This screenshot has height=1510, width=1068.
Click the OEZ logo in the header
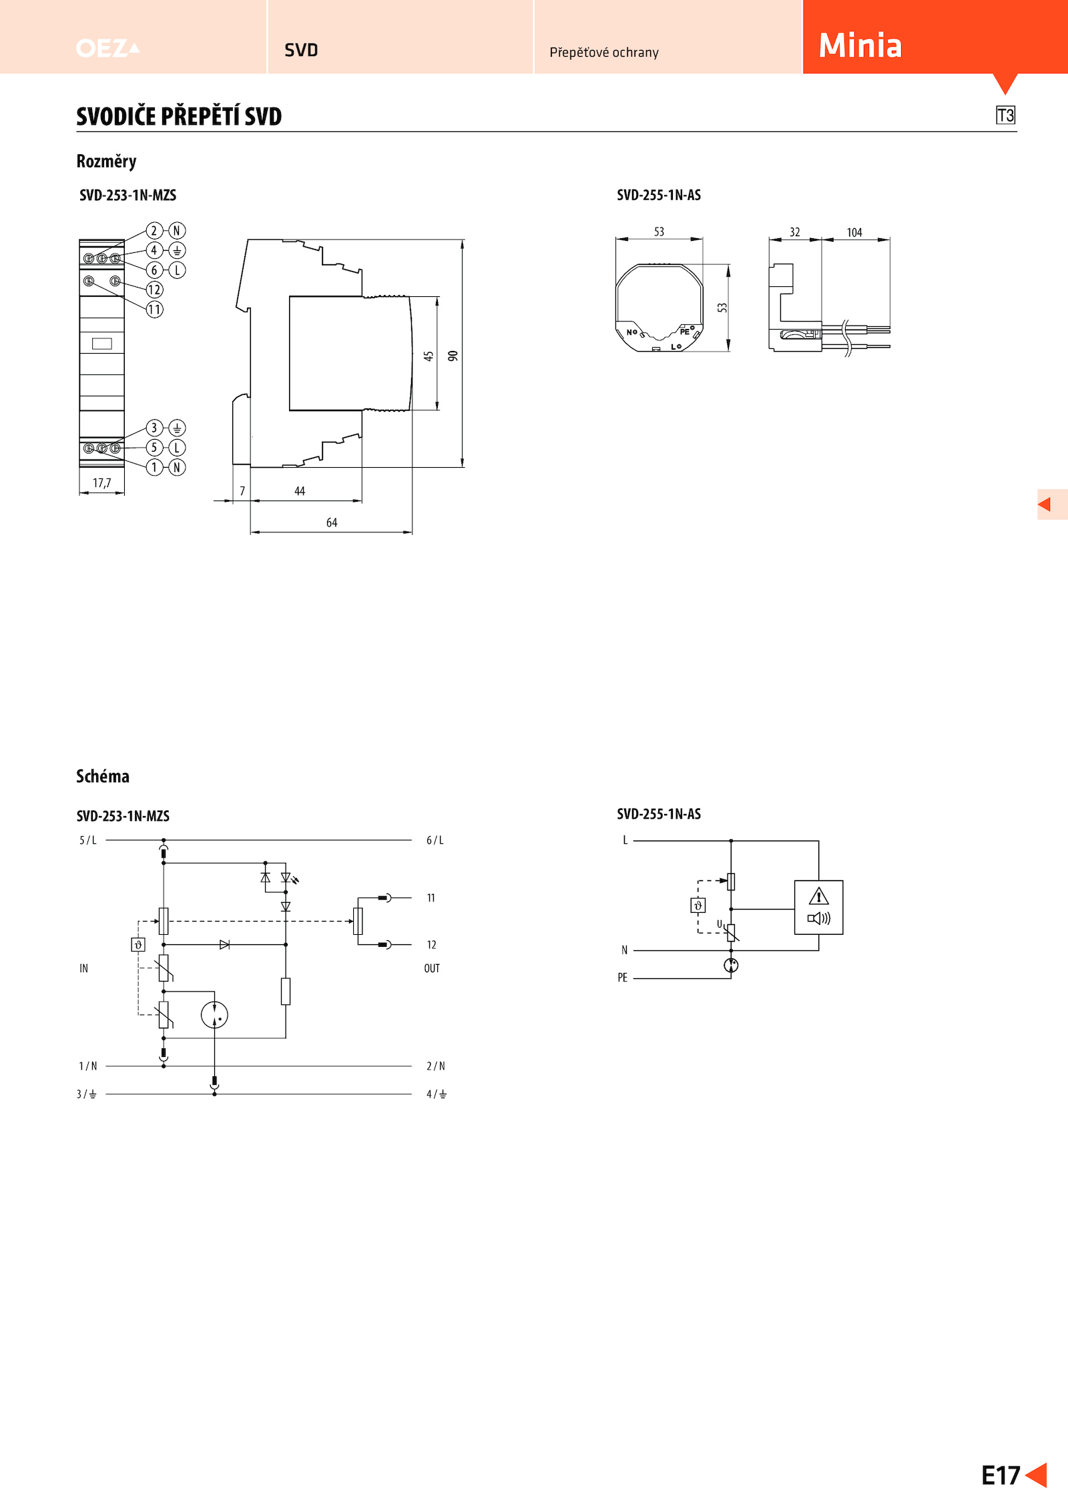tap(107, 48)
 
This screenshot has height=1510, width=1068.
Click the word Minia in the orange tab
tap(860, 45)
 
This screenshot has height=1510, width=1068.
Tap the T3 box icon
tap(1005, 115)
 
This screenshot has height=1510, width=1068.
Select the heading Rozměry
tap(106, 161)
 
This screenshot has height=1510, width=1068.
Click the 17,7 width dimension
tap(102, 482)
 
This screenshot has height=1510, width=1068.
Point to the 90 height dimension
tap(453, 356)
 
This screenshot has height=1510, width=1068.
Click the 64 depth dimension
tap(332, 522)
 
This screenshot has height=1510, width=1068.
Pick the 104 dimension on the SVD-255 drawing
tap(854, 232)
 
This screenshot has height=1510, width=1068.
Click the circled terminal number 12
tap(154, 290)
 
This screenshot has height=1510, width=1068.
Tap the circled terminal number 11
tap(154, 310)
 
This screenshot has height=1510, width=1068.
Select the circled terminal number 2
tap(154, 231)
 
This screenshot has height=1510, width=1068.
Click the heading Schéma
tap(103, 776)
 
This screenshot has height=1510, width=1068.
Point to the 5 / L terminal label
tap(88, 840)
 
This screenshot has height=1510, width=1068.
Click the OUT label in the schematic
tap(432, 968)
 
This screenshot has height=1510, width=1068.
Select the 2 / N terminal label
tap(436, 1066)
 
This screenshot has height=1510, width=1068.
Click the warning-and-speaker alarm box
tap(818, 907)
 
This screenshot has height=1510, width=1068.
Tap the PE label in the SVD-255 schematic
tap(622, 978)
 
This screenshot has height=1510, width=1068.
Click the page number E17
tap(1001, 1475)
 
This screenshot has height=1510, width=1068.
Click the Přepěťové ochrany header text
tap(604, 52)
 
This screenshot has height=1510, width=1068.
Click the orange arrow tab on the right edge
tap(1052, 504)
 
